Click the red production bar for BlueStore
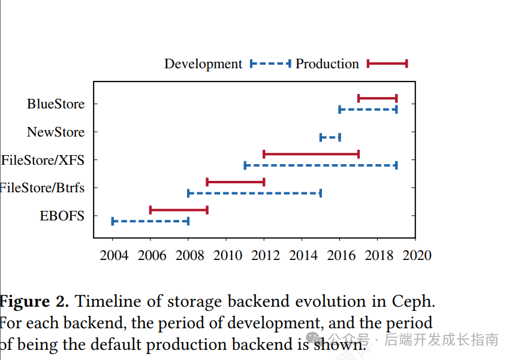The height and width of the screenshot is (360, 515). click(x=377, y=98)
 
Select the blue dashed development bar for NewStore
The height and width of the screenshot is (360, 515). click(x=330, y=137)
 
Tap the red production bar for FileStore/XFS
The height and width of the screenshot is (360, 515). click(x=311, y=154)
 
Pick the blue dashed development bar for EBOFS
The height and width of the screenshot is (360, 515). click(x=150, y=222)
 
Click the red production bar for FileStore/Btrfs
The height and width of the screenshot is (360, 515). click(x=235, y=181)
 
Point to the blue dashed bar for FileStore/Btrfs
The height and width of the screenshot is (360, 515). click(x=254, y=193)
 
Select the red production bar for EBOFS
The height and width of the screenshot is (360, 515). click(x=179, y=210)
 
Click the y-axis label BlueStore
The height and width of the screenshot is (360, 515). click(x=56, y=104)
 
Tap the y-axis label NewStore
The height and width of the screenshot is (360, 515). click(x=56, y=132)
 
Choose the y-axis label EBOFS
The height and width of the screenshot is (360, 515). click(x=62, y=216)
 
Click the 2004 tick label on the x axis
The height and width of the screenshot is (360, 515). click(x=113, y=256)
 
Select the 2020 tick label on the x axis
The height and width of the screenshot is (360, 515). click(x=417, y=256)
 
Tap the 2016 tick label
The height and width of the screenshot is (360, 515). click(x=341, y=256)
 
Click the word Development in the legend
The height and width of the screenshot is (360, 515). click(x=203, y=64)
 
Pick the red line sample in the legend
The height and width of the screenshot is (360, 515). click(x=387, y=63)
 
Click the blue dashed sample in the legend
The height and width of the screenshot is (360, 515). click(x=270, y=63)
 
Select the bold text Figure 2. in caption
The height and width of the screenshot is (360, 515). click(x=35, y=301)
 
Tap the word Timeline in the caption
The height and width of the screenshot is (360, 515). click(x=104, y=301)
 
